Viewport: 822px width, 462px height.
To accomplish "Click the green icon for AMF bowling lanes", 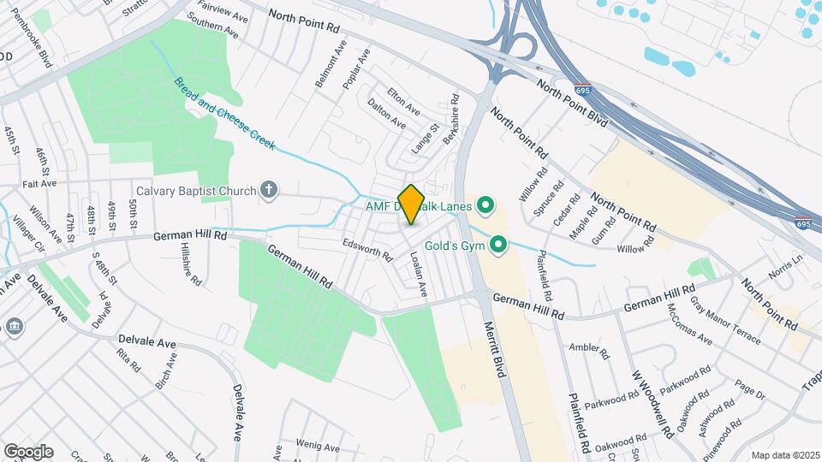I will [x=485, y=204].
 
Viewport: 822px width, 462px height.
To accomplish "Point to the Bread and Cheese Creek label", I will [x=224, y=114].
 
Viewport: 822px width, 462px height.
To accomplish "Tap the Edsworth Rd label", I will [x=367, y=249].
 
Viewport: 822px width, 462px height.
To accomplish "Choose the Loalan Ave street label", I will [x=418, y=274].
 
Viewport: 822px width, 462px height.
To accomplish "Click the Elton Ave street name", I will [x=403, y=101].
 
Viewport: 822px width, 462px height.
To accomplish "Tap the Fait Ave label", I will [x=39, y=183].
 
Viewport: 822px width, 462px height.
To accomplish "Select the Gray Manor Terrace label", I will [x=725, y=325].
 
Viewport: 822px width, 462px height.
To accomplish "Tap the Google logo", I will [x=28, y=451].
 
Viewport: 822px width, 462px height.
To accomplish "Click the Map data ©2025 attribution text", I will [x=784, y=454].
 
